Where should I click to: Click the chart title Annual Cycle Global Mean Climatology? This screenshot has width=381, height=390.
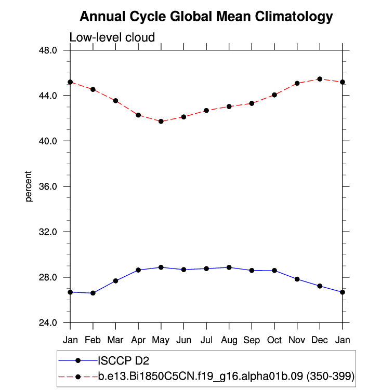tap(206, 17)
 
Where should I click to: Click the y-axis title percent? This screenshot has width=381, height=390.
tap(29, 186)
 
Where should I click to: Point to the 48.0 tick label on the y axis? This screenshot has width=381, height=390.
tap(52, 50)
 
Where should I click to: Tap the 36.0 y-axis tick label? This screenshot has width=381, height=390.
tap(52, 186)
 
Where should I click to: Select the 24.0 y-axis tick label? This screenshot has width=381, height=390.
tap(52, 322)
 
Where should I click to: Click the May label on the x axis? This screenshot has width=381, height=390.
tap(161, 340)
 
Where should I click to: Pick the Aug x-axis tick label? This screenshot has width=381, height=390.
tap(229, 340)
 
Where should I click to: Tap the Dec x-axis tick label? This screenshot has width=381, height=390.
tap(320, 340)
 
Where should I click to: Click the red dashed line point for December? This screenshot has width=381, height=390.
tap(320, 79)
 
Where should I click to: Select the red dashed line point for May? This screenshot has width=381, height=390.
tap(161, 122)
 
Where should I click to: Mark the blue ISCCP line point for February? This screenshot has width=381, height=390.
tap(93, 293)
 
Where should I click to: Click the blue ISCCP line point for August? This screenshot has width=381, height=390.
tap(229, 267)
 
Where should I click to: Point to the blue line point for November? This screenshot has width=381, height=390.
tap(297, 279)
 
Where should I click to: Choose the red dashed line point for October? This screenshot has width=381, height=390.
tap(274, 95)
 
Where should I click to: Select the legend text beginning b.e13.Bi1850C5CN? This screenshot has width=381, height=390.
tap(226, 376)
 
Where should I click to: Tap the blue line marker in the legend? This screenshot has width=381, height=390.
tap(78, 360)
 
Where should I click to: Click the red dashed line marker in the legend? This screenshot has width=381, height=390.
tap(78, 376)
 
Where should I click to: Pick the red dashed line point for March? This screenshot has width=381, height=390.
tap(116, 101)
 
